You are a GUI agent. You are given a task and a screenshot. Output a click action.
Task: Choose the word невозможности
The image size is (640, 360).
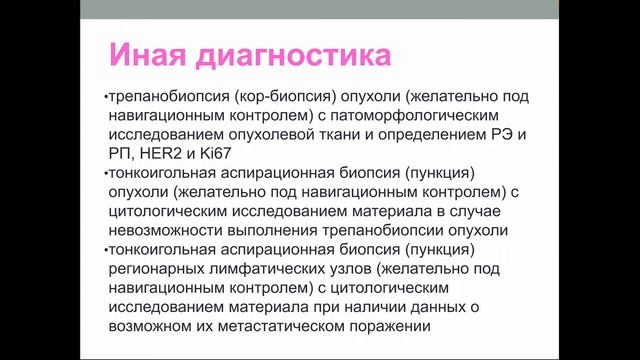click(x=164, y=230)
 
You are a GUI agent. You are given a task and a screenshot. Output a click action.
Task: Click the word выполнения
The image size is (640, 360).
click(x=274, y=230)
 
